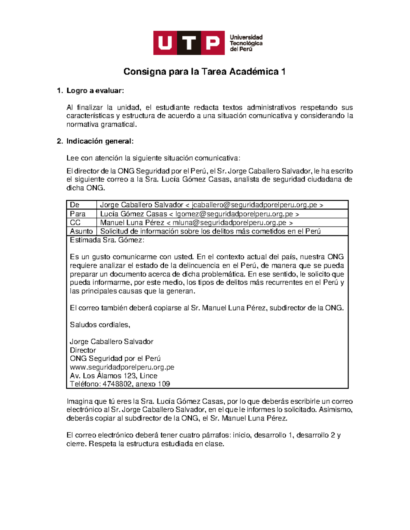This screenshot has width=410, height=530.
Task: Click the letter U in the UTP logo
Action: click(165, 43)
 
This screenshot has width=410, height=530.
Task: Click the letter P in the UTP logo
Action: click(213, 43)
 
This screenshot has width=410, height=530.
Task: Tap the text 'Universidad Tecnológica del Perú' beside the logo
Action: click(246, 43)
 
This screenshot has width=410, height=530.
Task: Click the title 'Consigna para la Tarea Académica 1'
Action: click(204, 72)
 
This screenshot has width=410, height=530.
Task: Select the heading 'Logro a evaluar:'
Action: click(95, 91)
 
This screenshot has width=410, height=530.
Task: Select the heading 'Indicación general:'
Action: click(100, 141)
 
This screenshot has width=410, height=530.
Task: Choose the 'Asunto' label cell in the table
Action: click(81, 231)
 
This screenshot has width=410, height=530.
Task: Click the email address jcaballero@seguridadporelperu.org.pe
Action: click(255, 205)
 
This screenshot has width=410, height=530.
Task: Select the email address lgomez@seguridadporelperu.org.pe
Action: click(234, 214)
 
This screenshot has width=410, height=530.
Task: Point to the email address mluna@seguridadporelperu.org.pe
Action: click(229, 223)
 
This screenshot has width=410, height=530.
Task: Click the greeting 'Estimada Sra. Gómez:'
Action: click(107, 240)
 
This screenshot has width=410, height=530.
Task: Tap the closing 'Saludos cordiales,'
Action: click(100, 325)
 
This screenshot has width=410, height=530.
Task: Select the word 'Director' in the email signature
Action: click(83, 350)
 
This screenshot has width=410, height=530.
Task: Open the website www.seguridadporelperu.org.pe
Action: click(122, 367)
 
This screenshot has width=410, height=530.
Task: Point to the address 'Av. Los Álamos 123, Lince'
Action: click(113, 376)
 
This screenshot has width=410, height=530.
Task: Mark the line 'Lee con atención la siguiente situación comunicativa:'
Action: click(153, 158)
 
